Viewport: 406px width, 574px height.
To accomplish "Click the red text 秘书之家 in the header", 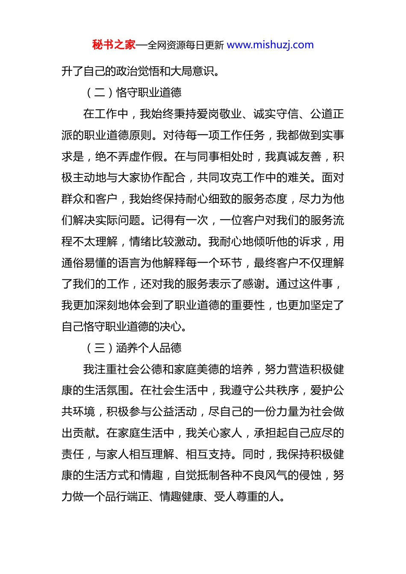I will coord(114,45).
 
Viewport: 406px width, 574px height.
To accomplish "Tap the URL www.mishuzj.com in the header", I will coord(270,45).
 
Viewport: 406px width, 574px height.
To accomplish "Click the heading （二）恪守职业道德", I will coord(133,92).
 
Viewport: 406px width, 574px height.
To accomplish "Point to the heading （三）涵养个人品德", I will coord(133,348).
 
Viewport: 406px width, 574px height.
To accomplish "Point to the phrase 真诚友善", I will coord(299,156).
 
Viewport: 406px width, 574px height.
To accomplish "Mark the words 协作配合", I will coord(163,178).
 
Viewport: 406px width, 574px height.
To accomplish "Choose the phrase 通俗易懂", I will coord(84,263).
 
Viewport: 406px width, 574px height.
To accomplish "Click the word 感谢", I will coord(253,284).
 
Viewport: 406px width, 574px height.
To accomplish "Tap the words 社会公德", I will coord(129,369).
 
